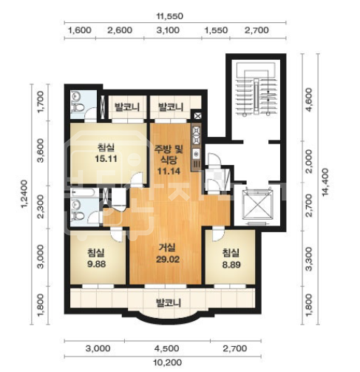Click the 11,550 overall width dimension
coord(170,16)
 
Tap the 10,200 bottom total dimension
coord(167,362)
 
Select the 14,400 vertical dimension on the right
coord(326,182)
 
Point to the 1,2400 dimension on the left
coord(24,194)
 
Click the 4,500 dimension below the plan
coord(166,348)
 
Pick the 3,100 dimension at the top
coord(168,30)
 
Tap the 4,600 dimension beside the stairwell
coord(308,100)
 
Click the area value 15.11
coord(106,159)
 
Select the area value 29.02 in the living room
coord(168,260)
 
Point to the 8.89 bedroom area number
coord(231,265)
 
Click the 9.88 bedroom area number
coord(97,264)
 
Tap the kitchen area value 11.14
coord(169,171)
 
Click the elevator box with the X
coord(257,205)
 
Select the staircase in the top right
coord(256,89)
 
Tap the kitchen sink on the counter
coord(197,154)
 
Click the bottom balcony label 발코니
coord(169,302)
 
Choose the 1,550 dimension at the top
coord(216,30)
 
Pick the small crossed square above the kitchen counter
coord(198,115)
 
